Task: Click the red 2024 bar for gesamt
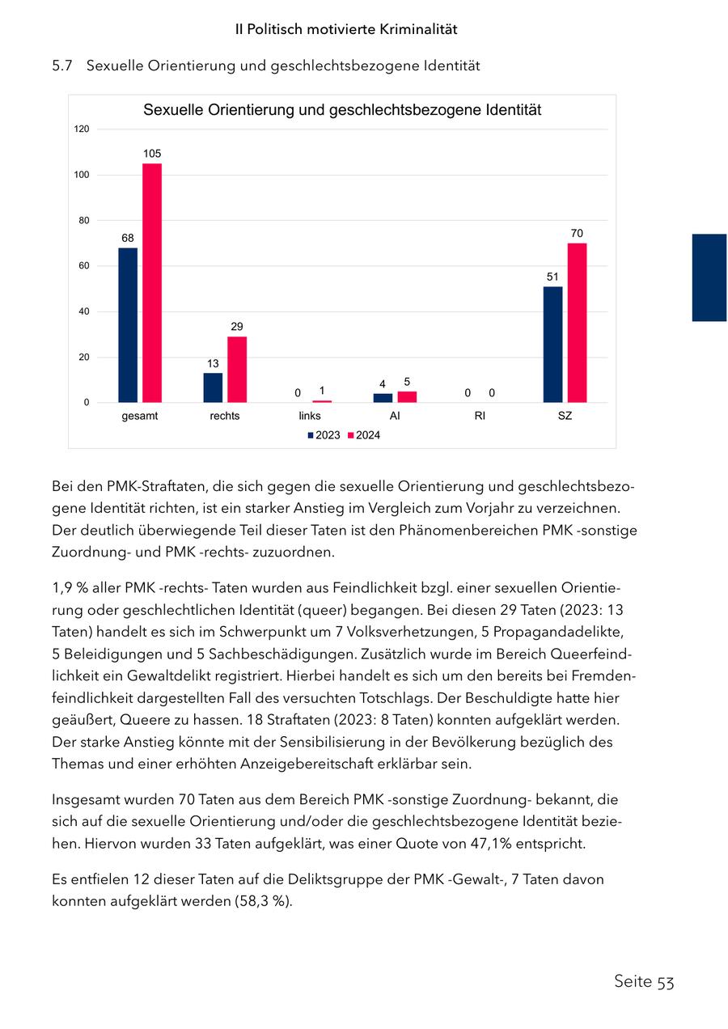tap(152, 283)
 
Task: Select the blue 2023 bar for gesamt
tap(128, 325)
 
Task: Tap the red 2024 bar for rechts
tap(237, 370)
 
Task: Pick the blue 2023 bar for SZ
tap(552, 345)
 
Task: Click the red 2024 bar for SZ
tap(577, 323)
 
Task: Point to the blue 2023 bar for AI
tap(383, 398)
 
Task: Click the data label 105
tap(152, 153)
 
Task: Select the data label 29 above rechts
tap(237, 327)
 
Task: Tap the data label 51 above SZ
tap(552, 277)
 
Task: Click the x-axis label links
tap(310, 416)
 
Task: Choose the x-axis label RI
tap(480, 416)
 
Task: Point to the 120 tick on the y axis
tap(83, 129)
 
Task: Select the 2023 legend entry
tap(324, 435)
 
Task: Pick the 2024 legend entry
tap(364, 435)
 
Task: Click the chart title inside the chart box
tap(342, 110)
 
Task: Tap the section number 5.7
tap(62, 66)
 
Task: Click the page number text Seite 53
tap(644, 981)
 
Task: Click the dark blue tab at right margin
tap(709, 277)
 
